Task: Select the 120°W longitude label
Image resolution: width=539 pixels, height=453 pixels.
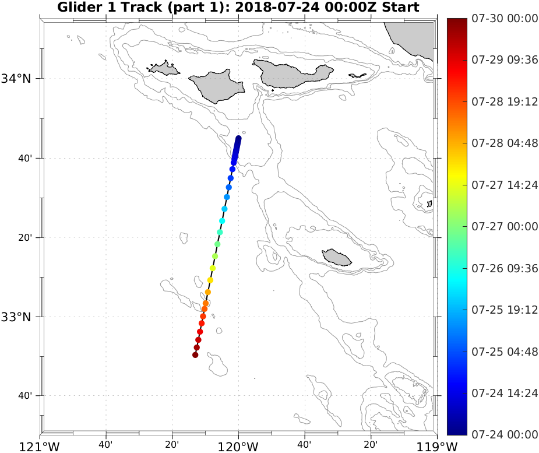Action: coord(239,446)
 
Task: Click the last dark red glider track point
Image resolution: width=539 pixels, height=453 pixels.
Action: coord(195,354)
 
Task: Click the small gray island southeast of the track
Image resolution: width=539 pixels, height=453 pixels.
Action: coord(337,257)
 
